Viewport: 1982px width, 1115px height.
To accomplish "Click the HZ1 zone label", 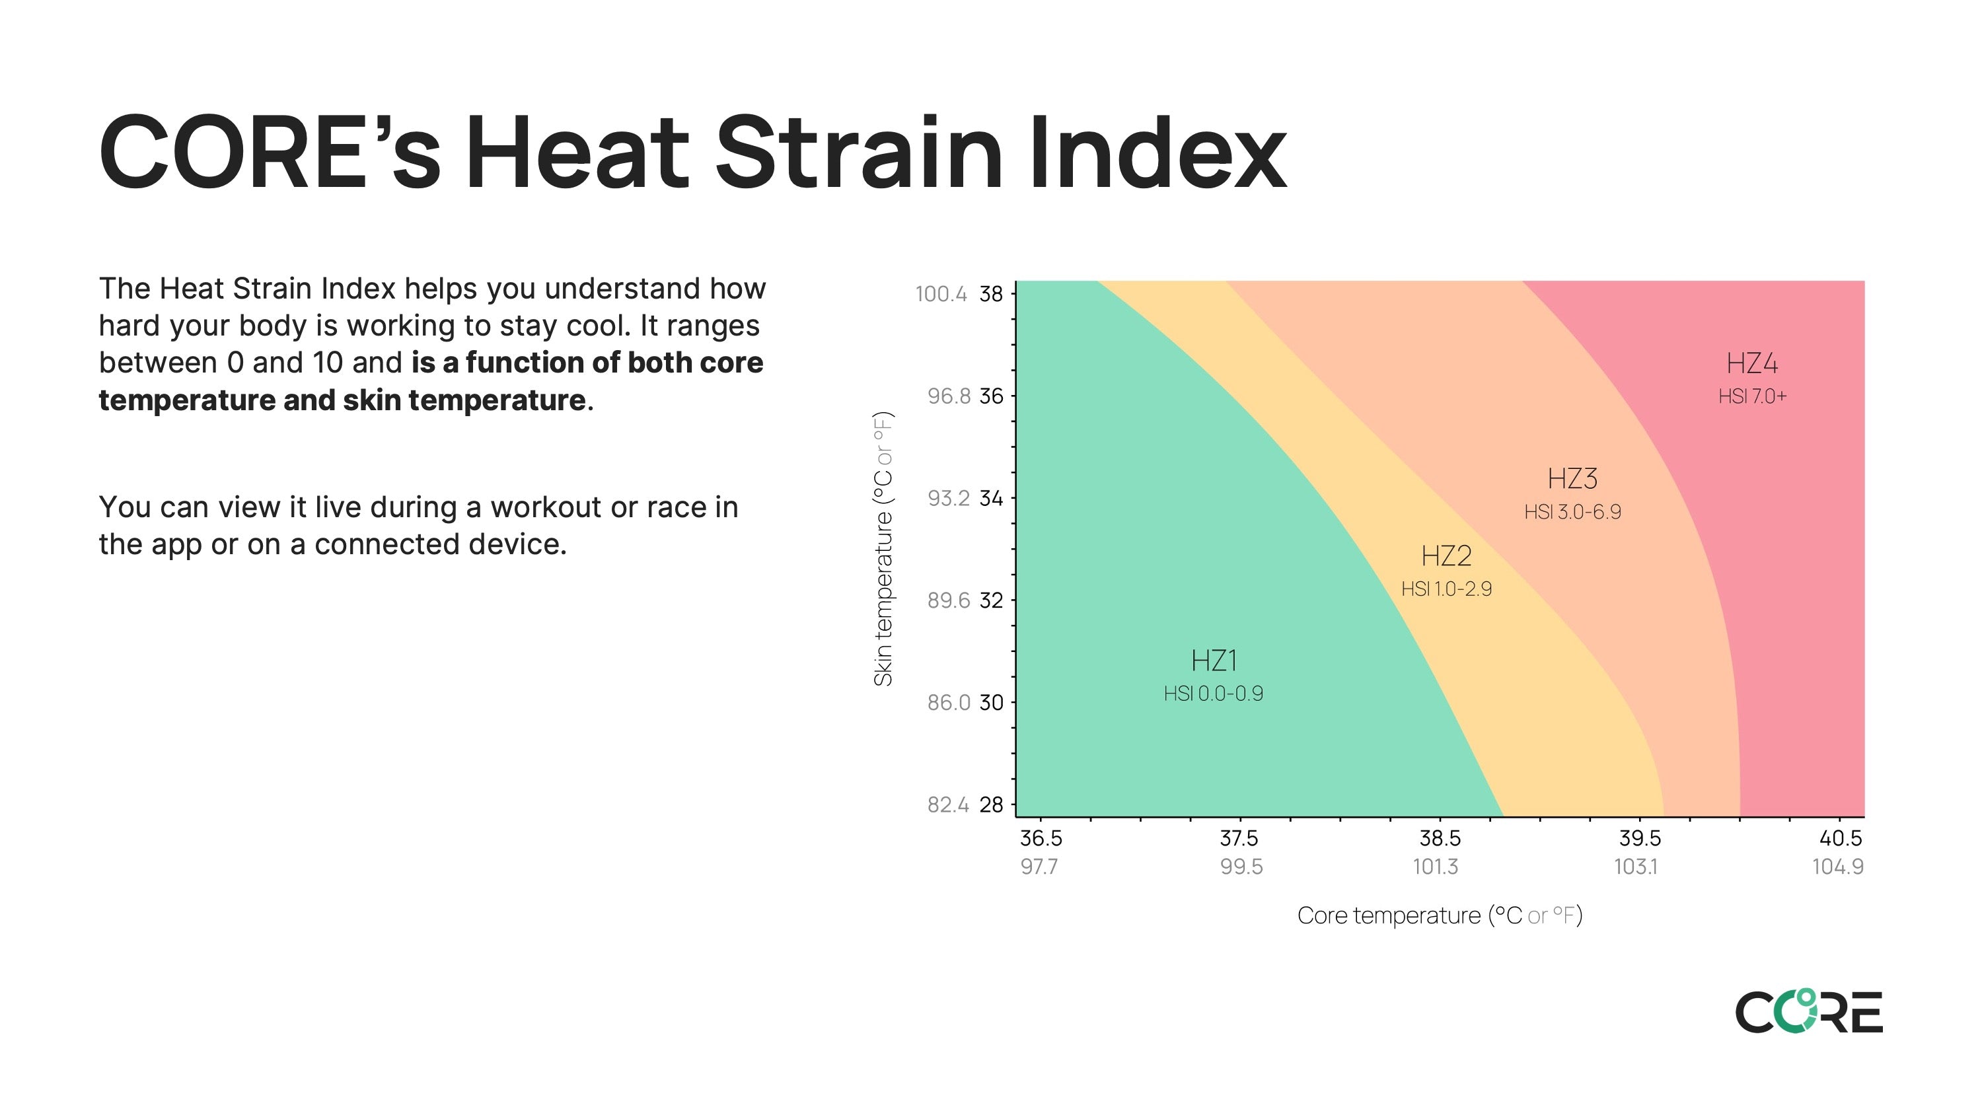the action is tap(1214, 661).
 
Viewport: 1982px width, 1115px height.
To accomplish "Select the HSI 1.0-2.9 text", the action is tap(1446, 589).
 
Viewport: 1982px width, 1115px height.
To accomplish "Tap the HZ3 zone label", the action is tap(1572, 479).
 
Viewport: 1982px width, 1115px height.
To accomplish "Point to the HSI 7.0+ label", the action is tap(1752, 396).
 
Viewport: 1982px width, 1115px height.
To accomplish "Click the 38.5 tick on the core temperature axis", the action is tap(1440, 838).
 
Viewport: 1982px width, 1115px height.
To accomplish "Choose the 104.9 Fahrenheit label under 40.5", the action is tap(1837, 867).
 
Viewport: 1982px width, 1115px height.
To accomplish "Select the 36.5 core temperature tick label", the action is tap(1041, 838).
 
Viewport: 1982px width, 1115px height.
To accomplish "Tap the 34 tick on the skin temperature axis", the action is tap(991, 499).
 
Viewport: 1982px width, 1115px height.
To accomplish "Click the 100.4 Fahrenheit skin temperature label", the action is tap(941, 294).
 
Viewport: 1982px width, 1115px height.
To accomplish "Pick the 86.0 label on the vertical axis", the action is tap(949, 703).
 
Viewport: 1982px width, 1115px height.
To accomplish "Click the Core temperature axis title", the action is tap(1440, 916).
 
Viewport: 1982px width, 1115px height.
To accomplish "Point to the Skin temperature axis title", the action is tap(883, 549).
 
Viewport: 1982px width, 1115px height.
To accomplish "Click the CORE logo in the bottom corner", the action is tap(1809, 1011).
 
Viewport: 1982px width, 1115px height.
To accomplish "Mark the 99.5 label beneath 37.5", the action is tap(1241, 867).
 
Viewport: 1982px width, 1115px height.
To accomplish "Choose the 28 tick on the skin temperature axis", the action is tap(991, 805).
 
